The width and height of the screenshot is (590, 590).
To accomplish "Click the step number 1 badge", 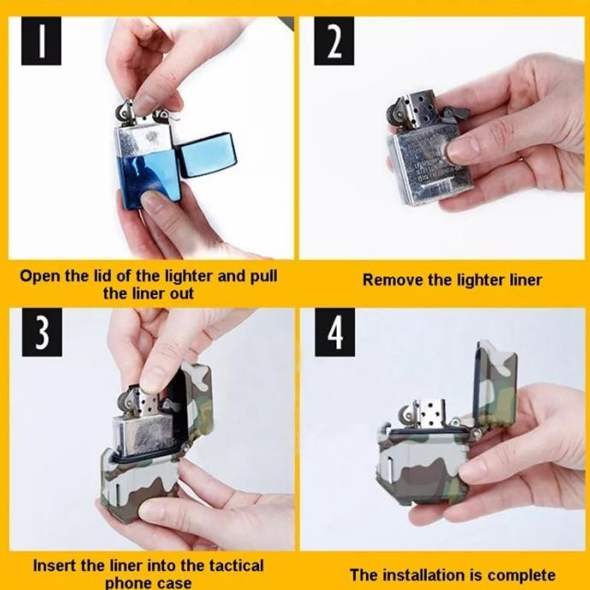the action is point(41,41).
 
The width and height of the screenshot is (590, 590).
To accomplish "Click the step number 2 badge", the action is point(333,41).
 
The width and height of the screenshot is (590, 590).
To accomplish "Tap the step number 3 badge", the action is point(42,333).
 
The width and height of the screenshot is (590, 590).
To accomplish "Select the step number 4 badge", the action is point(334,333).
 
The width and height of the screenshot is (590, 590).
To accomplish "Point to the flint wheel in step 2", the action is point(397,111).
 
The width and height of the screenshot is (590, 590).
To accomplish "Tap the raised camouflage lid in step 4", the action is point(496,380).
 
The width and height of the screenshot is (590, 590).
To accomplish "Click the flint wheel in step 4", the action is point(406,416).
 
